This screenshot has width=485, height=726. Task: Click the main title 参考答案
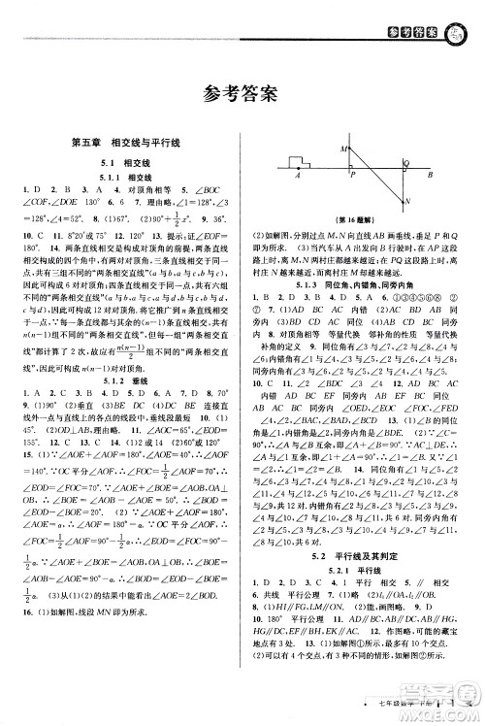point(242,94)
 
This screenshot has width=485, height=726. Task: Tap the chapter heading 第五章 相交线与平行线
point(126,145)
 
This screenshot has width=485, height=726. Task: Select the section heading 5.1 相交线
point(126,163)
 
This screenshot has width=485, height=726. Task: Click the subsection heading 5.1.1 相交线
point(126,178)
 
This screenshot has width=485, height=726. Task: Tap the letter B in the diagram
point(429,176)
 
